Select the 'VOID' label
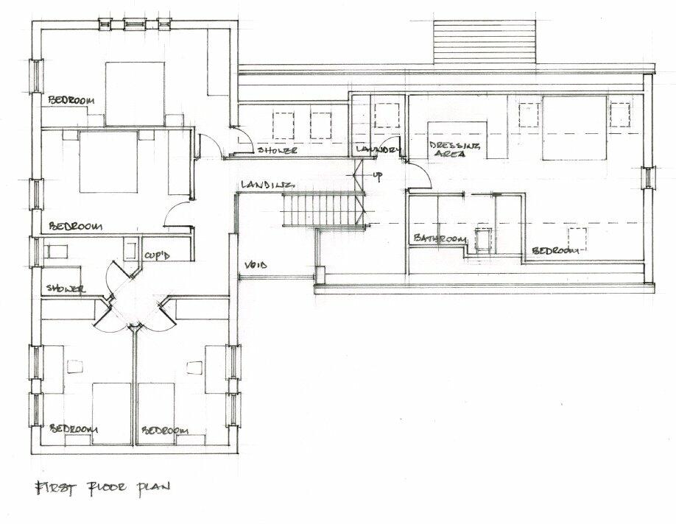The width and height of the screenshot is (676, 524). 256,265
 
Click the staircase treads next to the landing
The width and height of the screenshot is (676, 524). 321,209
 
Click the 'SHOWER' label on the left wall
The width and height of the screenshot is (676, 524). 64,288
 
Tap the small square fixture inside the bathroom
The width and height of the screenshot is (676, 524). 483,241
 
